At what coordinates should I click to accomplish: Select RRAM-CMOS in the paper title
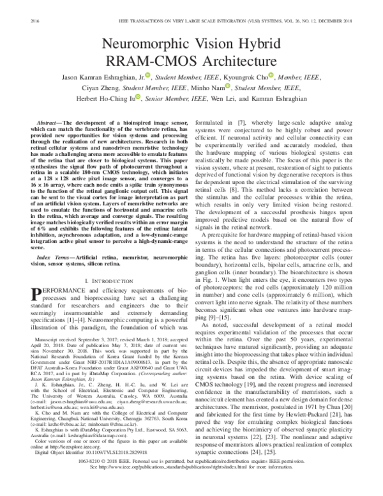[156, 62]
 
